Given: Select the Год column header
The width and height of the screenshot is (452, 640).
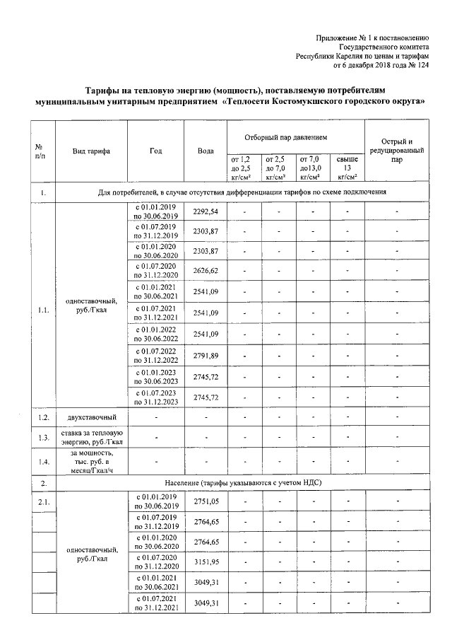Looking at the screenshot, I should click(x=155, y=151).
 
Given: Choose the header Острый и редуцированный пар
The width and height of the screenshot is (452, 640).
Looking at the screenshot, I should click(x=396, y=150).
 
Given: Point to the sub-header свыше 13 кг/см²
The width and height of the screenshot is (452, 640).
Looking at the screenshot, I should click(x=347, y=168).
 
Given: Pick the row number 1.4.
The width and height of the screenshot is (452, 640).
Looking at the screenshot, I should click(x=43, y=462).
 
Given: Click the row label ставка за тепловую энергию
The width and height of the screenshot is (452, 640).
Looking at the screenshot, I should click(x=91, y=438).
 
